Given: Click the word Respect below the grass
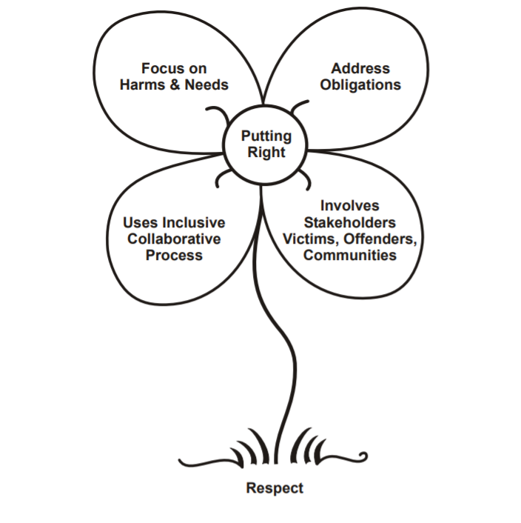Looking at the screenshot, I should point(275,488).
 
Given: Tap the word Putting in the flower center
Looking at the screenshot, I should point(266,137).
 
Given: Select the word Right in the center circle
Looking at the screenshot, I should point(266,153).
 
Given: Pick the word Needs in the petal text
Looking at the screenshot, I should point(206,84).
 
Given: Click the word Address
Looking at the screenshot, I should point(360,69).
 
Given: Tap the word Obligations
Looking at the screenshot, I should point(360,84).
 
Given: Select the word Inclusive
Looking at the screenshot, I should point(192,223).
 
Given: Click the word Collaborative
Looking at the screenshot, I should point(174,239).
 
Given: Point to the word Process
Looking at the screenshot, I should point(174,255).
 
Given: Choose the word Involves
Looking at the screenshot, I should point(350,206).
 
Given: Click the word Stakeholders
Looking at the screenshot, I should point(350,222).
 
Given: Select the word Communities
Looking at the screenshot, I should point(350,255).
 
